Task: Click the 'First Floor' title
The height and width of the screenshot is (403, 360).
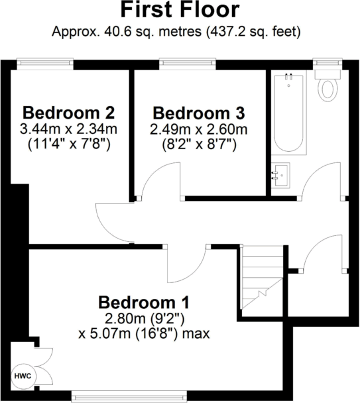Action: pos(180,11)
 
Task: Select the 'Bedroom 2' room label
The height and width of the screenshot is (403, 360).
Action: pos(70,111)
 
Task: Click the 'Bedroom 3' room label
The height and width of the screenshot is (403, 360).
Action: pos(198,111)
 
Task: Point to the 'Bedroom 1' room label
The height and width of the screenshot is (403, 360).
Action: pos(144,302)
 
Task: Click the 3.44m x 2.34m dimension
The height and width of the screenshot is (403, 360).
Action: pos(70,128)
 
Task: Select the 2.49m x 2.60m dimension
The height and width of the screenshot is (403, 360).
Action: pos(198,128)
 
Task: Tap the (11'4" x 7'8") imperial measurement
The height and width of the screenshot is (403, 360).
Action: pos(70,143)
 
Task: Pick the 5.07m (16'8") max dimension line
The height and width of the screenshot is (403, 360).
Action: pos(144,334)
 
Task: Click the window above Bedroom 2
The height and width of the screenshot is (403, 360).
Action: pos(44,63)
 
